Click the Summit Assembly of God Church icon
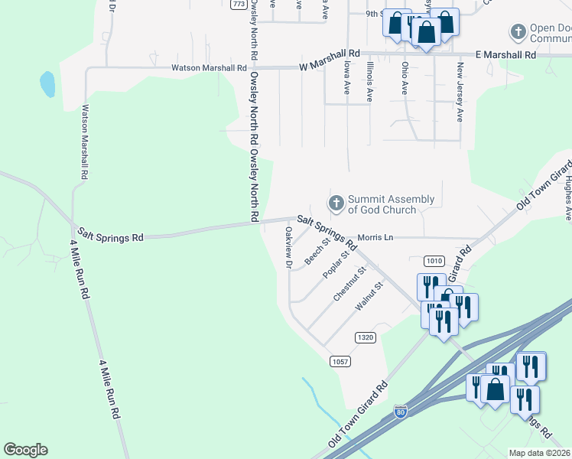(x=335, y=203)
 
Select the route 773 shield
(x=239, y=4)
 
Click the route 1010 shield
(x=434, y=261)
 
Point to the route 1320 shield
(x=365, y=337)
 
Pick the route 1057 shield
(x=340, y=360)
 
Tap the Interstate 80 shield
(x=401, y=412)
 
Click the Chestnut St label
(x=350, y=283)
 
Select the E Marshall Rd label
(x=505, y=55)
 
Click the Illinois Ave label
(x=369, y=83)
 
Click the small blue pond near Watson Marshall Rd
(x=47, y=84)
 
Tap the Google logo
(x=25, y=450)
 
